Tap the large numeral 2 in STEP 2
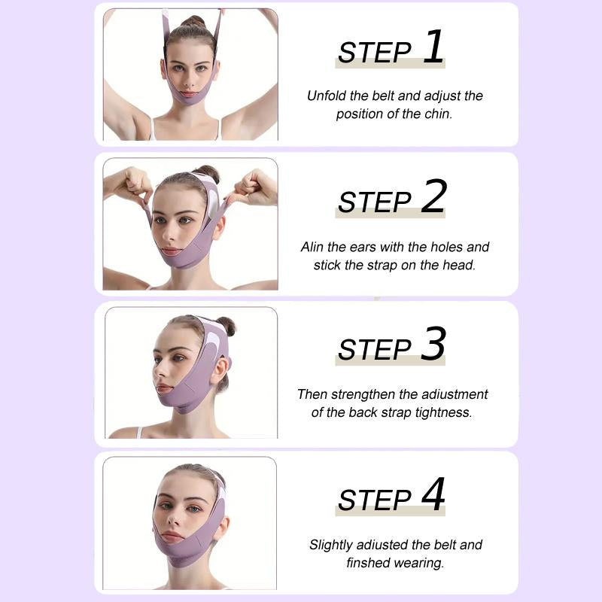433,197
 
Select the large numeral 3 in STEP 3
433,345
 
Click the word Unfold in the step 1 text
327,96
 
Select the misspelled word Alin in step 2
313,247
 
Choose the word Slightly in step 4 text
332,545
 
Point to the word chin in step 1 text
439,114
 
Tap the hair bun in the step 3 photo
226,326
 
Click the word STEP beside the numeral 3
374,350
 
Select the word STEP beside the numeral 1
374,53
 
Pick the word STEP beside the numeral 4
374,500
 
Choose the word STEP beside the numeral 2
374,202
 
